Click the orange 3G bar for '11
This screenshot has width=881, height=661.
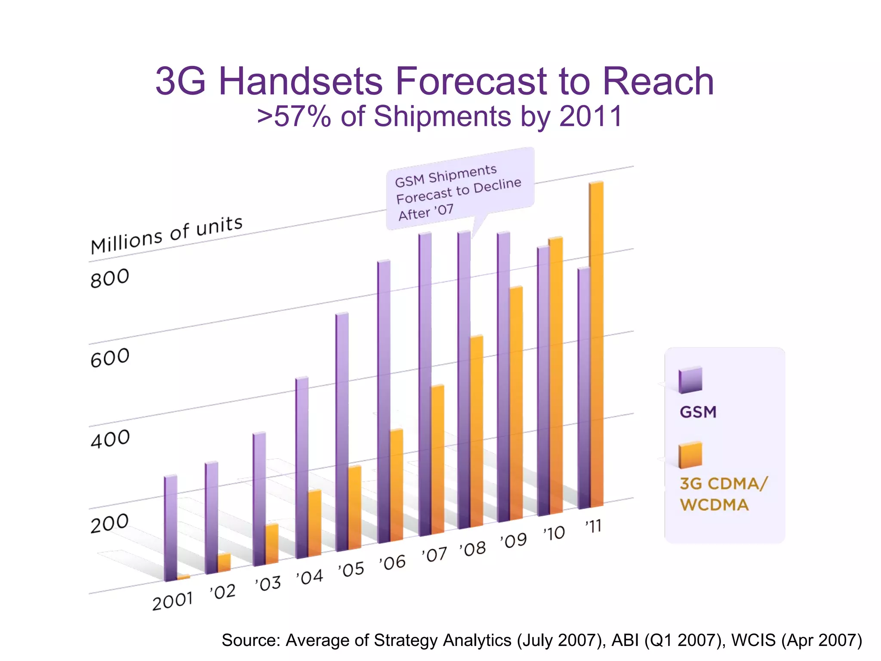596,344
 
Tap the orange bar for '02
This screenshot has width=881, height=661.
224,562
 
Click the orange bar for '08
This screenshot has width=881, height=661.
477,430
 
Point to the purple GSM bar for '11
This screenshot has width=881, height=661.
584,387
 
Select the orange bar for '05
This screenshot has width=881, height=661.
354,508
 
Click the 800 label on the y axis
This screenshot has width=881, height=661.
110,278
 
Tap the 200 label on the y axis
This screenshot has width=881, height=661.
109,523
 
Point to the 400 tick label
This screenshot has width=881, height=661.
110,439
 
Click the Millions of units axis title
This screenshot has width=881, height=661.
166,235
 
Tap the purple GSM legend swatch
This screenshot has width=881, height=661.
690,380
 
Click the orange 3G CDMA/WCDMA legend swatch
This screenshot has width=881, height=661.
690,455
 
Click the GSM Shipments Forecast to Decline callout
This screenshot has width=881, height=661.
459,190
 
